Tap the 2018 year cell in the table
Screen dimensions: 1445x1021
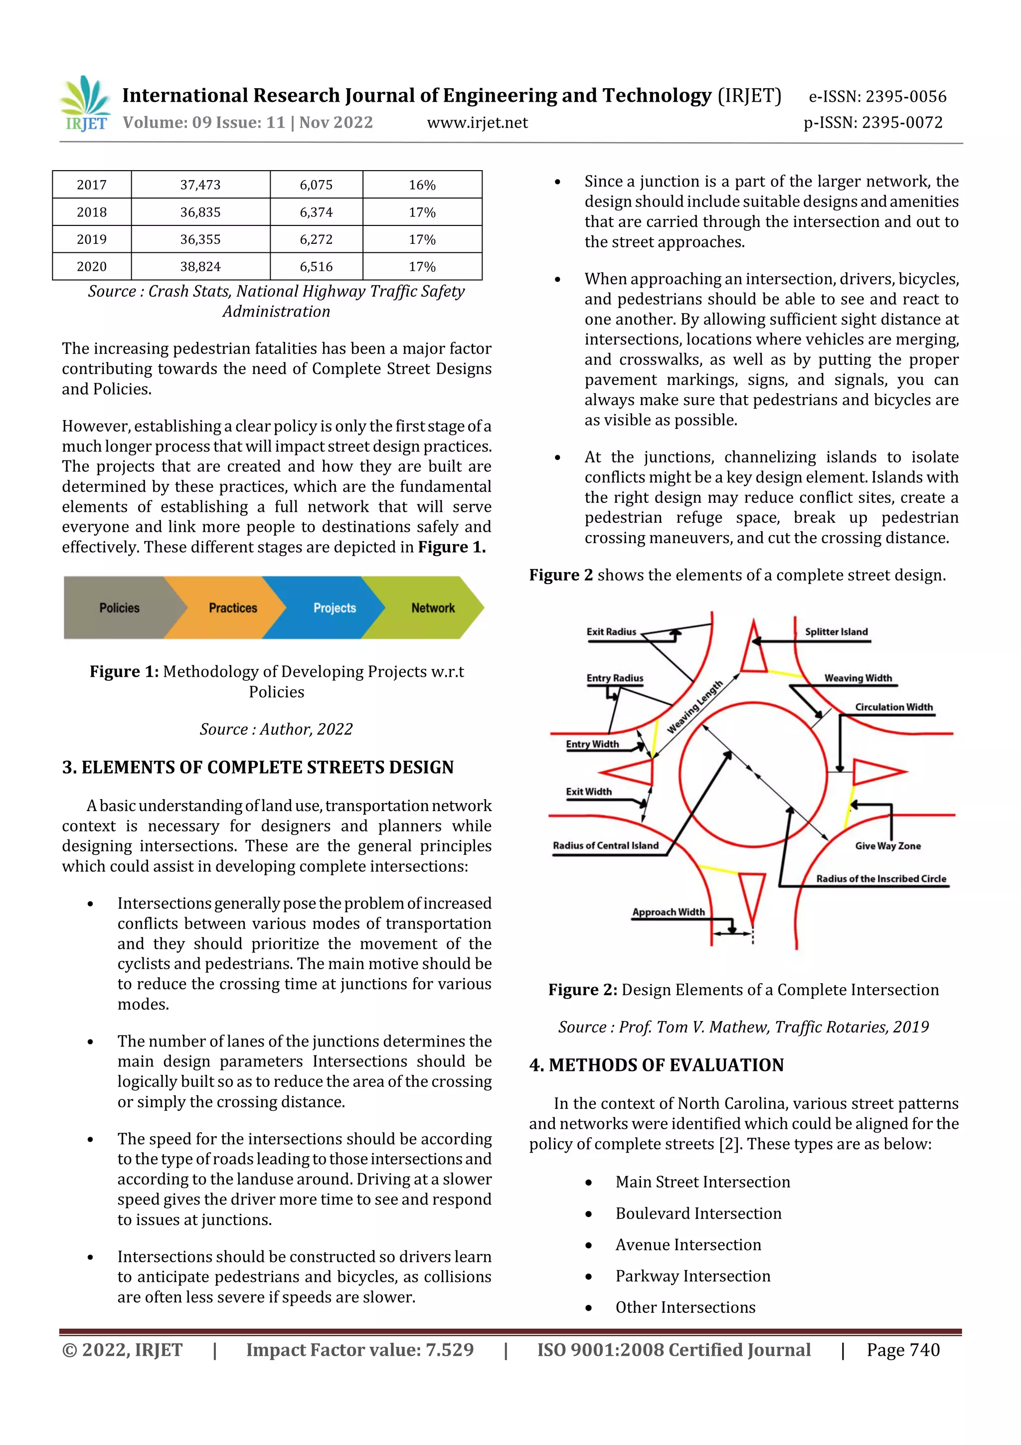(92, 212)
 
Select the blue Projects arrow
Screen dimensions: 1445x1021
(330, 608)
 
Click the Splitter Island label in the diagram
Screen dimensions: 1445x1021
(836, 632)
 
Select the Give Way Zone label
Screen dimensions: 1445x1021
(887, 846)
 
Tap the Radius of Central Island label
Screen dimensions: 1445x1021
(605, 845)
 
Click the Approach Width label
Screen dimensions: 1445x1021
(668, 912)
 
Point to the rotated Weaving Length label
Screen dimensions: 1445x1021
(694, 707)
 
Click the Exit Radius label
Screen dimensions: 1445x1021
(611, 632)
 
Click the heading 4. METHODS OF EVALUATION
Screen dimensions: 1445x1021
(656, 1065)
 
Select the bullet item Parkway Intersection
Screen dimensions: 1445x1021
(692, 1276)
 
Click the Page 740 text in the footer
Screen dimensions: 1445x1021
(903, 1350)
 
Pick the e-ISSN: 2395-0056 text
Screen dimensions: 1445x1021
(877, 96)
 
